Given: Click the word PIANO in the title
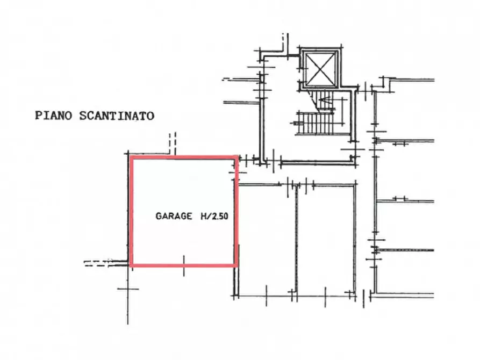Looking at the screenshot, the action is (x=54, y=116).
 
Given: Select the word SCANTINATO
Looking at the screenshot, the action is (x=117, y=116).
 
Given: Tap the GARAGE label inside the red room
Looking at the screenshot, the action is (x=174, y=216).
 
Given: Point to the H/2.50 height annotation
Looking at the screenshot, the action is (x=214, y=216).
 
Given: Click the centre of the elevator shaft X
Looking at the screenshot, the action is (x=320, y=69).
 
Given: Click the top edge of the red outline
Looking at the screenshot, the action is (x=184, y=157).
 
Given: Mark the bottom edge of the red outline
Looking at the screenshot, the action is (x=184, y=265).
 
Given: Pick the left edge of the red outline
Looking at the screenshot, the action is (x=132, y=212).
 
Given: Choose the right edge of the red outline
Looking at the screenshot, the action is (x=237, y=212).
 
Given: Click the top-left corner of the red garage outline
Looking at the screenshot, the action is (x=132, y=157).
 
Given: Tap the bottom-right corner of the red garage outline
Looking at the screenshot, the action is (x=237, y=265).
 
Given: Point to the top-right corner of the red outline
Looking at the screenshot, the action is (x=237, y=157).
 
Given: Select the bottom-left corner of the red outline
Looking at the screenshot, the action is (x=132, y=265).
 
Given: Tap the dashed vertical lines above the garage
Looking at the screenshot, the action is (x=173, y=144).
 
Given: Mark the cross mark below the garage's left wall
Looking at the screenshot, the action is (x=128, y=289).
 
